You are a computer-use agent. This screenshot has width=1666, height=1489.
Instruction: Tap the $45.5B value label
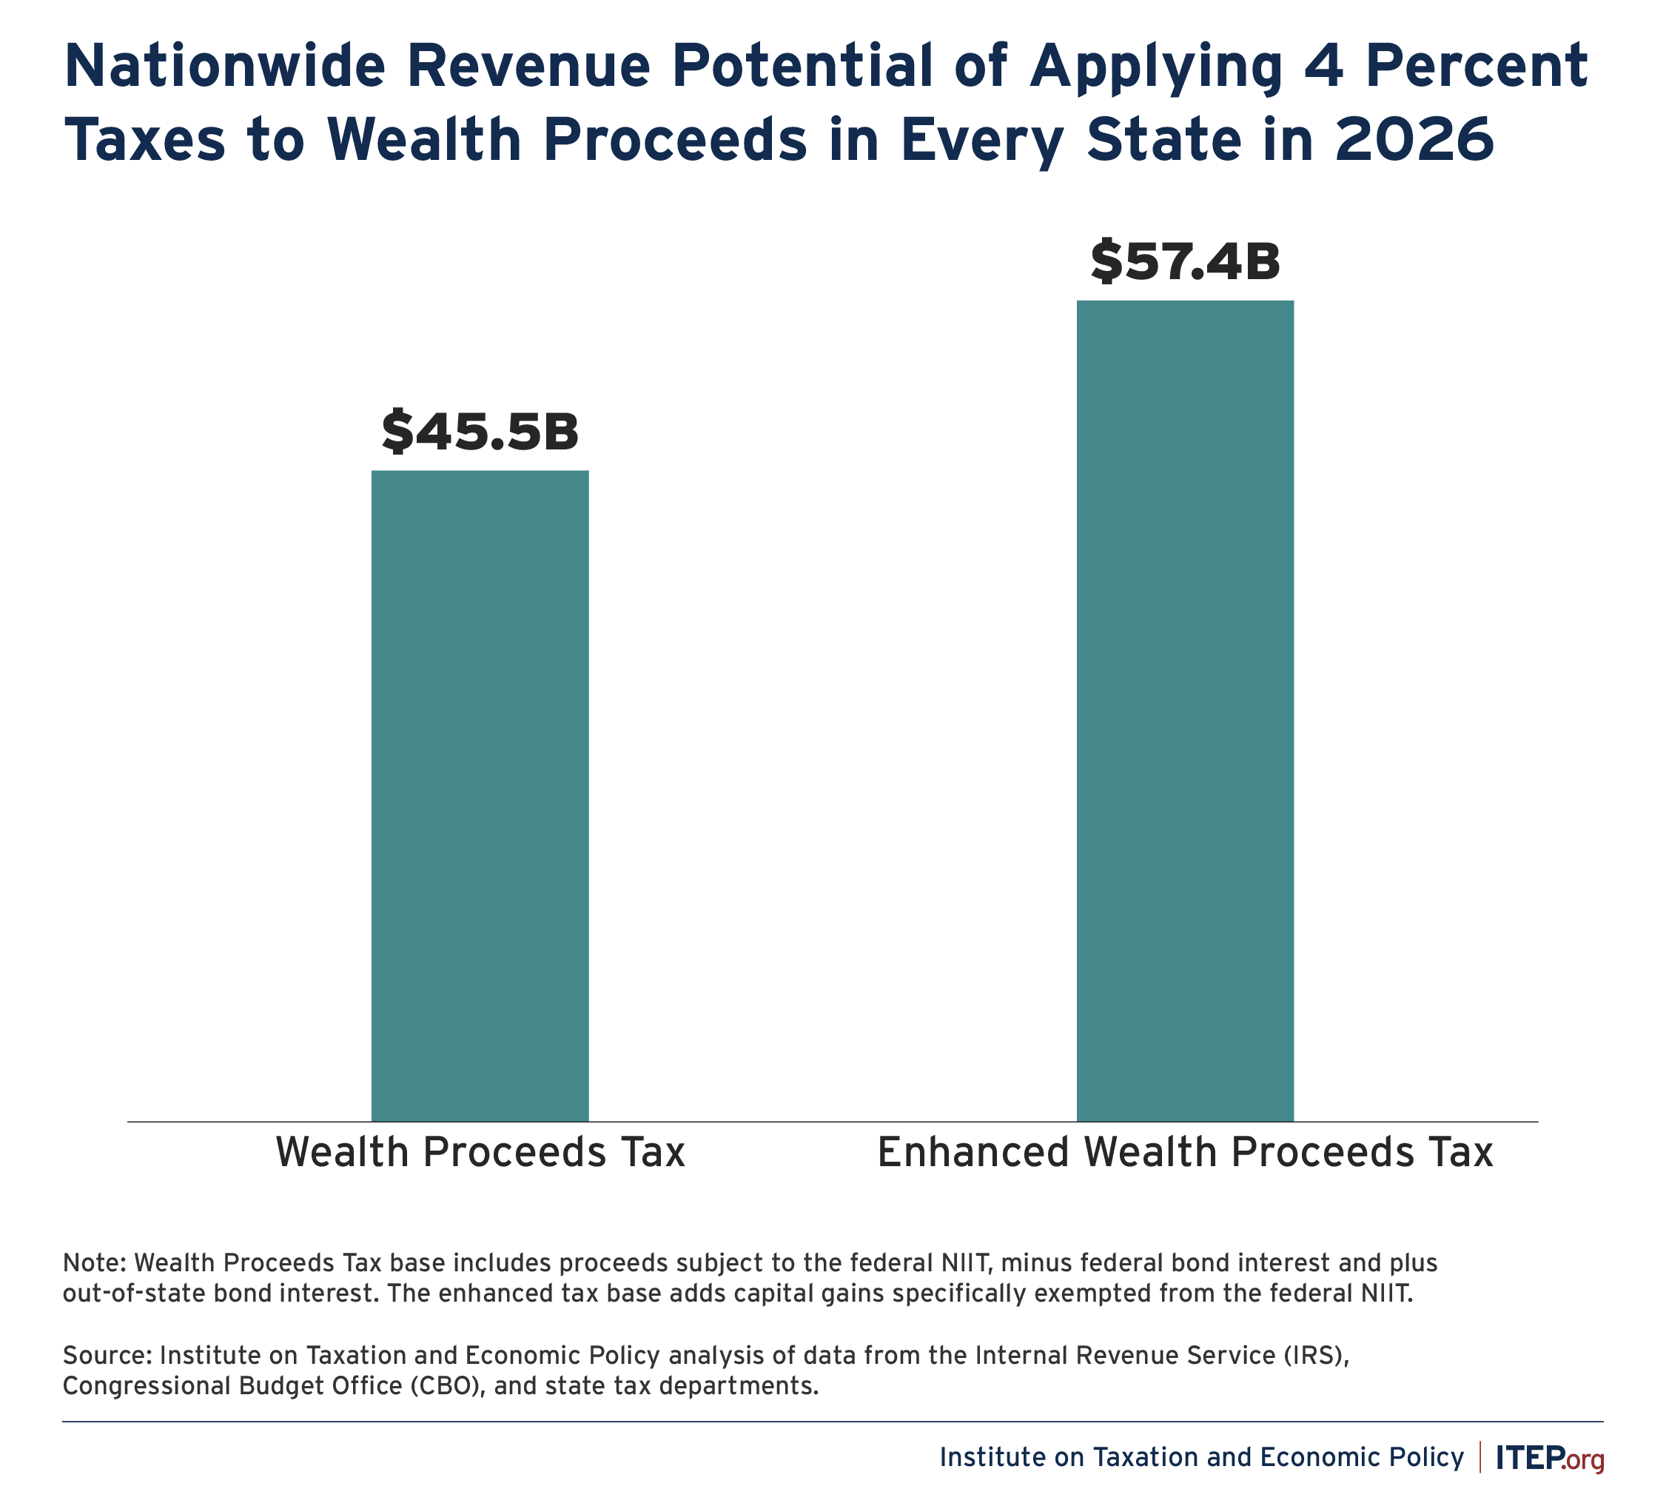[480, 432]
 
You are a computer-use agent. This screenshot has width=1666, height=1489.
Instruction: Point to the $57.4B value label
[1184, 263]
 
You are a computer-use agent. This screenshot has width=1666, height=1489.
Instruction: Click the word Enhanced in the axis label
[973, 1152]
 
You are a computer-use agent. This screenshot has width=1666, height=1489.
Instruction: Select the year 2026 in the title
[1414, 139]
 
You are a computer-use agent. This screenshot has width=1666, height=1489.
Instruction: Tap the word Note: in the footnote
[94, 1262]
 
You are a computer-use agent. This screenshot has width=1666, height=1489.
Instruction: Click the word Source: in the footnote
[107, 1356]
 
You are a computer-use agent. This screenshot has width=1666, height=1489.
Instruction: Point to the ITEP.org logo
[1549, 1457]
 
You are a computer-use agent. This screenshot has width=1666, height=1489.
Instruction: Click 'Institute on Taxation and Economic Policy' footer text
[1200, 1457]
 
